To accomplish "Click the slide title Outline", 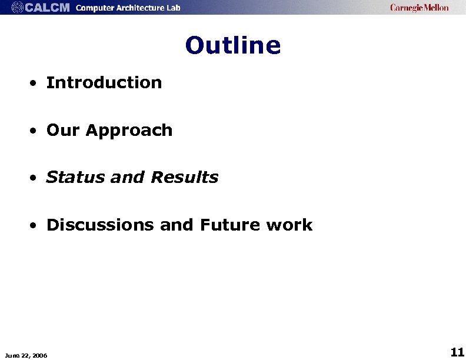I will point(233,45).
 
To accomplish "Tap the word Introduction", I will point(104,83).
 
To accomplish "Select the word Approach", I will point(129,131).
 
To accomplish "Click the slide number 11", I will point(457,352).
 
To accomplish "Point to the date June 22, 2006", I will point(26,355).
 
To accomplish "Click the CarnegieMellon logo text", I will point(419,8).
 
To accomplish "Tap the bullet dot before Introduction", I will point(36,84).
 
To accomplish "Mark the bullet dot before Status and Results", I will point(36,178).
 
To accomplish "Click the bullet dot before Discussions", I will point(36,226).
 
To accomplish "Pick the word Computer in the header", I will point(96,8).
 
